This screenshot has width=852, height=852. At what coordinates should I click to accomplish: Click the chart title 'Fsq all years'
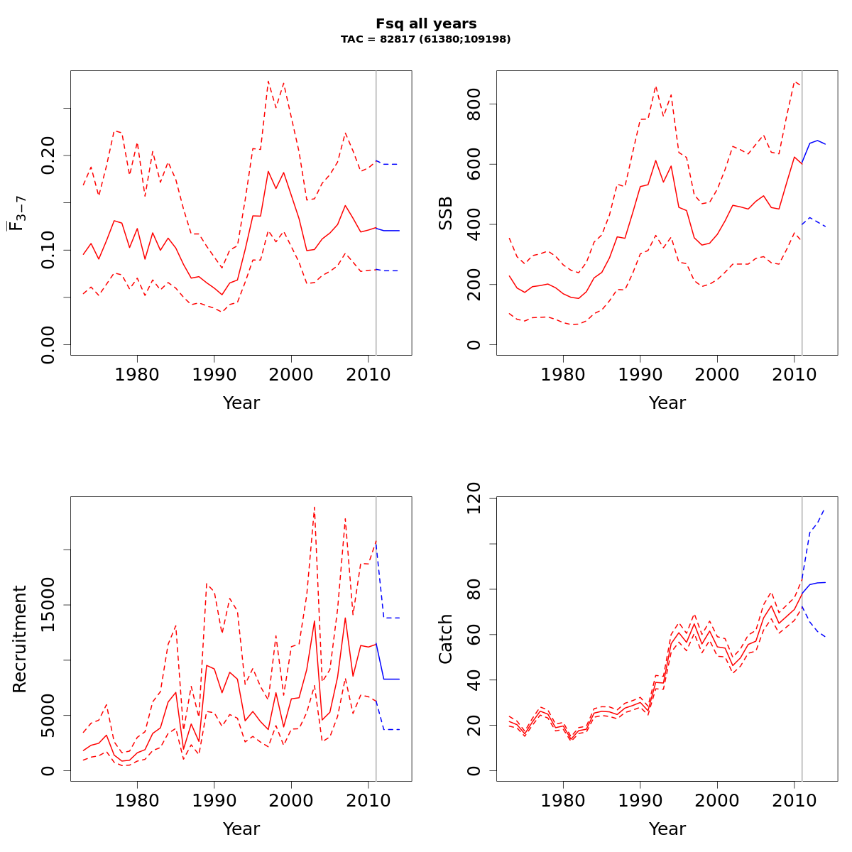(426, 24)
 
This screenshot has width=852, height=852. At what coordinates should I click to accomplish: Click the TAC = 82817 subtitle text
(426, 39)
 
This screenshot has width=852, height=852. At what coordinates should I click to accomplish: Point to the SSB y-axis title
(446, 213)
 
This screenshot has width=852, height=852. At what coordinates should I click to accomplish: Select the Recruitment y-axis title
(20, 639)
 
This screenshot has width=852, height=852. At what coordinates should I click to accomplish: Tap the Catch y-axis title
(446, 639)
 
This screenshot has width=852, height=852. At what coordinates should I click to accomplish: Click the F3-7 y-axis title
(17, 213)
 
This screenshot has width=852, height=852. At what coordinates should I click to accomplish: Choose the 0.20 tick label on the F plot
(48, 155)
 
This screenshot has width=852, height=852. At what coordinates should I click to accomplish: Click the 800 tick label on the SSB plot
(474, 104)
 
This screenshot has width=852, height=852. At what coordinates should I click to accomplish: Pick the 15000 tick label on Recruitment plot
(48, 605)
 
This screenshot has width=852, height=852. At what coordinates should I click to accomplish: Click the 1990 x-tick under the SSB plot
(640, 373)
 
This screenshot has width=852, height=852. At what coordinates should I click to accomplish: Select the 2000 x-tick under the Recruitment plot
(291, 799)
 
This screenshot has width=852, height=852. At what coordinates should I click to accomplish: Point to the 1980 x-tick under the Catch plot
(563, 799)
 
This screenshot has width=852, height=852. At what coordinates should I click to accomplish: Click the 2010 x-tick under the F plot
(368, 373)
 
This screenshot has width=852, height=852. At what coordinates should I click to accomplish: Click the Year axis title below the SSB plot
(667, 403)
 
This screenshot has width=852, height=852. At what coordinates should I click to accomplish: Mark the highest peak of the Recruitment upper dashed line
(314, 507)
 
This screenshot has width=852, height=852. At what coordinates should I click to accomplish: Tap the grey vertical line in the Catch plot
(802, 674)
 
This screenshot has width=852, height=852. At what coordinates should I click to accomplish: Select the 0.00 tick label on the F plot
(48, 345)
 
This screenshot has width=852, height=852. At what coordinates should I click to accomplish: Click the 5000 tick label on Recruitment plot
(48, 716)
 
